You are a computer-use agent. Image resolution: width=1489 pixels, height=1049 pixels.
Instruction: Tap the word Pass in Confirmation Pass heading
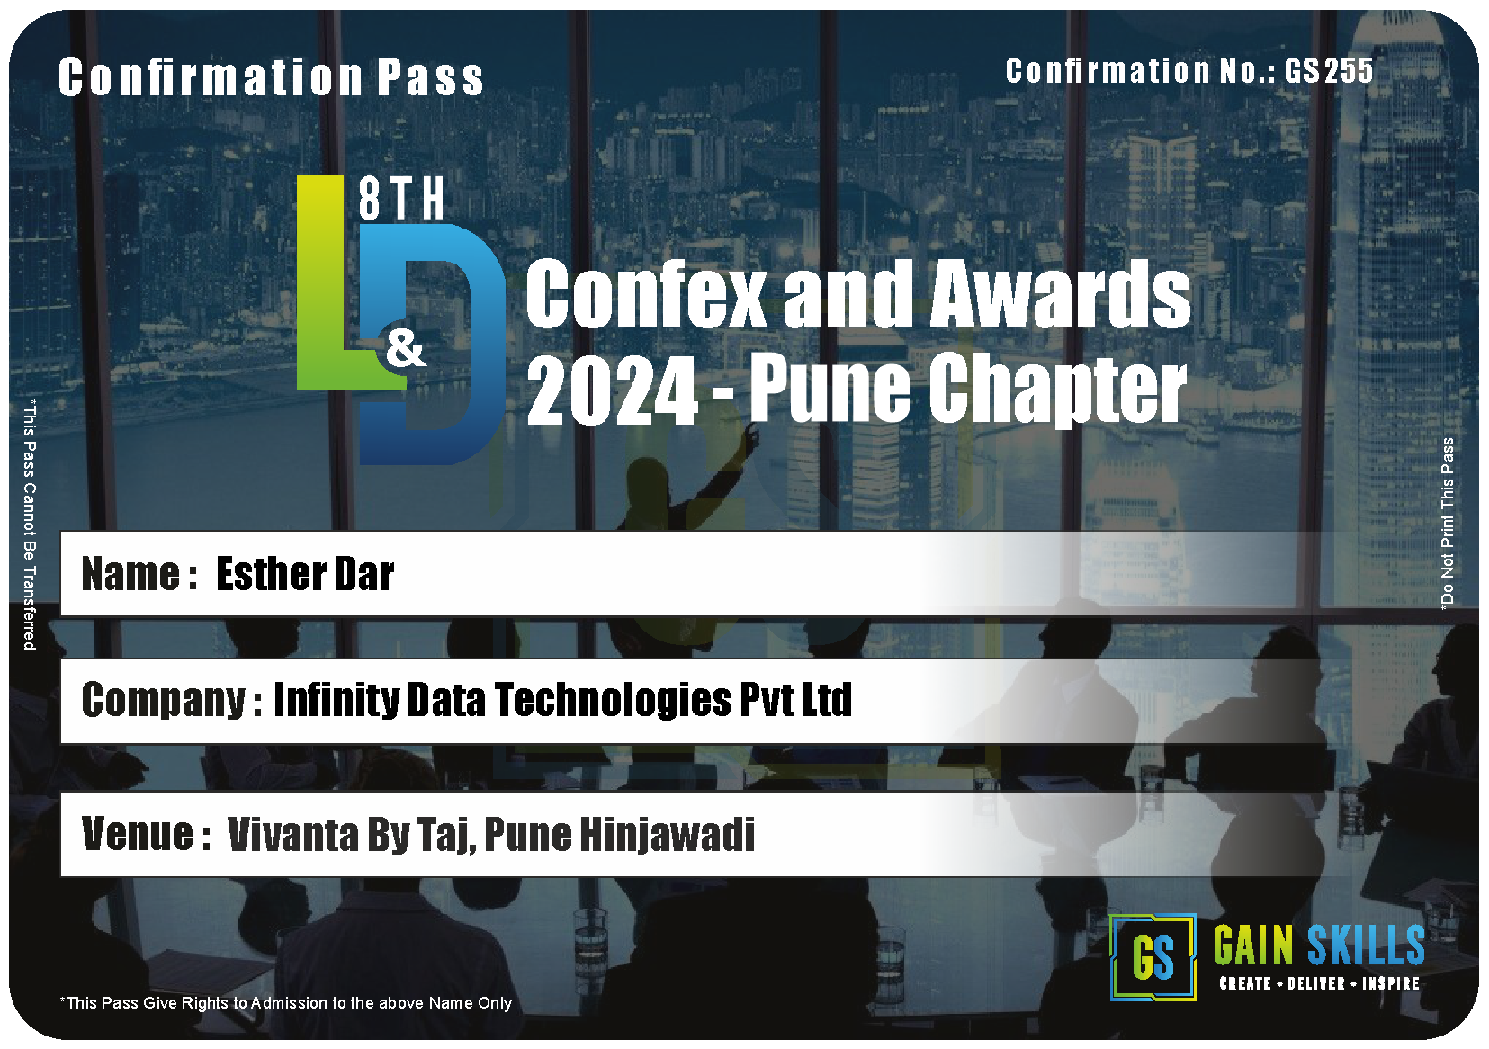coord(430,77)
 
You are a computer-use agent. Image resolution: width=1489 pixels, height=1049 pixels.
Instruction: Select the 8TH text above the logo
coord(401,198)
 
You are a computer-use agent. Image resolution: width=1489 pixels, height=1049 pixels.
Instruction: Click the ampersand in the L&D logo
coord(405,349)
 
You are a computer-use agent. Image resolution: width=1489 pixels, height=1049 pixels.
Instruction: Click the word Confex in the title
coord(646,293)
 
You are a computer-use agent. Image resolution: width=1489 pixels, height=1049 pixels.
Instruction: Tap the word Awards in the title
coord(1060,293)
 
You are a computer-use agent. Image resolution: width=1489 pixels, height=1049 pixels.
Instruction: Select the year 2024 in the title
coord(612,390)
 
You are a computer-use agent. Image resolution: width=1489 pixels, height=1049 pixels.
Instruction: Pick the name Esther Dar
coord(305,574)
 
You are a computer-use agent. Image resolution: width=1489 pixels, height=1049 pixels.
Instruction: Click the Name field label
coord(139,574)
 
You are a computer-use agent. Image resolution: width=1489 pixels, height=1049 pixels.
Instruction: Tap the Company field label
coord(171,701)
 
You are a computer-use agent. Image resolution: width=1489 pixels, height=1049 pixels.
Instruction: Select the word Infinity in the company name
coord(336,700)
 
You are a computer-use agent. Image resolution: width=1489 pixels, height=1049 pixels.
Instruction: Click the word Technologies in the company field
coord(613,700)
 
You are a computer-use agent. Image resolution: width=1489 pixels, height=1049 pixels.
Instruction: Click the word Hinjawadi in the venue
coord(668,834)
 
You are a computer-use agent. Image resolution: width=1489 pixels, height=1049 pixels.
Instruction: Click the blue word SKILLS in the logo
coord(1366,945)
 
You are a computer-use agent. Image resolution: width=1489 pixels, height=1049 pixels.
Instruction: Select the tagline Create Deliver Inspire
coord(1319,983)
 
